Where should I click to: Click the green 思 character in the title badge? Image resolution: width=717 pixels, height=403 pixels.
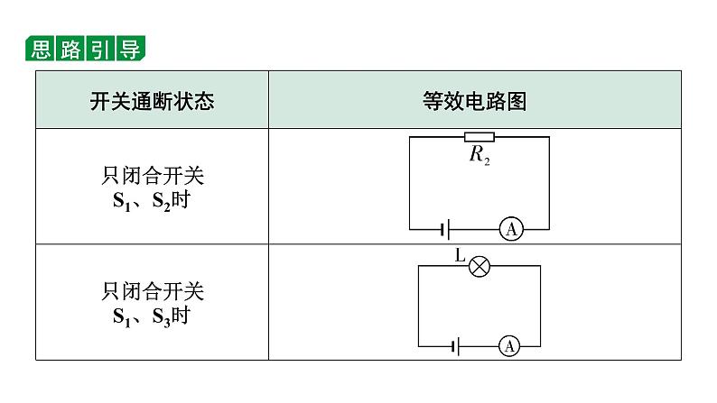41,49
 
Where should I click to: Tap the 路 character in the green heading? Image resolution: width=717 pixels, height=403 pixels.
70,49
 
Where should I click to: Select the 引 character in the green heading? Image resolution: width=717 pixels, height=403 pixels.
100,49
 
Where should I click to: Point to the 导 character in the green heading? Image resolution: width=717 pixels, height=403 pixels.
130,49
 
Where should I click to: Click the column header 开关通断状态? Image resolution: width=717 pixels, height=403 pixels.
152,101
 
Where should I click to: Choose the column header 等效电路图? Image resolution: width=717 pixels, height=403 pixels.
475,101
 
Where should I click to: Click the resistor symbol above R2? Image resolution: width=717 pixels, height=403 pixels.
480,137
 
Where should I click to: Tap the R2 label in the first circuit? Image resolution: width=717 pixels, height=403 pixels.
480,155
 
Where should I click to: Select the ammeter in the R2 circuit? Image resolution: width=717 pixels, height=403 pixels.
511,229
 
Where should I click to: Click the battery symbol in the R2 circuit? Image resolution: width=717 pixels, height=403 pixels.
445,229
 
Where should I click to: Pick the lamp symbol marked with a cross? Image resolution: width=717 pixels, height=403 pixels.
480,267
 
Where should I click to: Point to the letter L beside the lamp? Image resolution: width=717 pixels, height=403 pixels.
460,255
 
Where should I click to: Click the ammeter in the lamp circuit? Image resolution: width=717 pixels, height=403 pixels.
509,346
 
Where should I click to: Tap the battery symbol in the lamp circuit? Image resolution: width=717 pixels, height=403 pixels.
455,347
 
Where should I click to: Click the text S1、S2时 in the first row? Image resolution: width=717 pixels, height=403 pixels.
152,201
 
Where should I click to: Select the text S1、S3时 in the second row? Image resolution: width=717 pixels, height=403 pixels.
152,316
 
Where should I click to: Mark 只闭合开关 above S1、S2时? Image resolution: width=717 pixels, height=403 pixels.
153,176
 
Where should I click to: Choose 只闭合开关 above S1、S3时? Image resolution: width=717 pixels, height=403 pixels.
153,291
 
